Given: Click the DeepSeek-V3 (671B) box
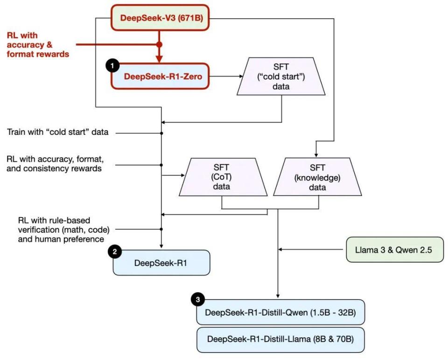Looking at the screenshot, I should [x=159, y=19].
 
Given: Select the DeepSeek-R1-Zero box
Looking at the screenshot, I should [x=160, y=76].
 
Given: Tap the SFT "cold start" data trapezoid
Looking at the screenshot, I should [x=281, y=76].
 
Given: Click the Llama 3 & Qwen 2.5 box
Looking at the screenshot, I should [x=394, y=249].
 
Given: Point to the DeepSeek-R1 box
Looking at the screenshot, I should [x=161, y=263].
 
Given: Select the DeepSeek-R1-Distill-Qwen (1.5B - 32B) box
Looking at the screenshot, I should [x=280, y=312].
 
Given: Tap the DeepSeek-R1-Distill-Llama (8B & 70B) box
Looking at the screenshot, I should [x=280, y=339].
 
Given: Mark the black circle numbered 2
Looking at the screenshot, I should [x=115, y=252].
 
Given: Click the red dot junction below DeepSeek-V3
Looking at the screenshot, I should [x=159, y=45].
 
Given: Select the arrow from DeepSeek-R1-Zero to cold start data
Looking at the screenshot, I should [x=224, y=76].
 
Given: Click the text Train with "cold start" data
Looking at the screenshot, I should [x=57, y=132].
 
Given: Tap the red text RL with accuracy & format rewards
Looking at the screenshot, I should [x=38, y=45].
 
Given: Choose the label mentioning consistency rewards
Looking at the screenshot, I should [x=54, y=164].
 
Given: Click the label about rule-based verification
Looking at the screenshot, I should [x=61, y=229].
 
